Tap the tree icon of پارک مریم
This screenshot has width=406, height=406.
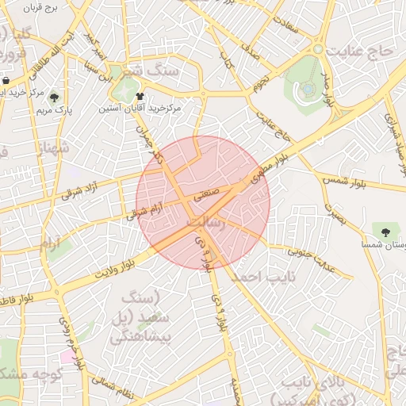click(54, 98)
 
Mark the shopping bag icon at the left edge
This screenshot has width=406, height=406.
click(6, 81)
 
